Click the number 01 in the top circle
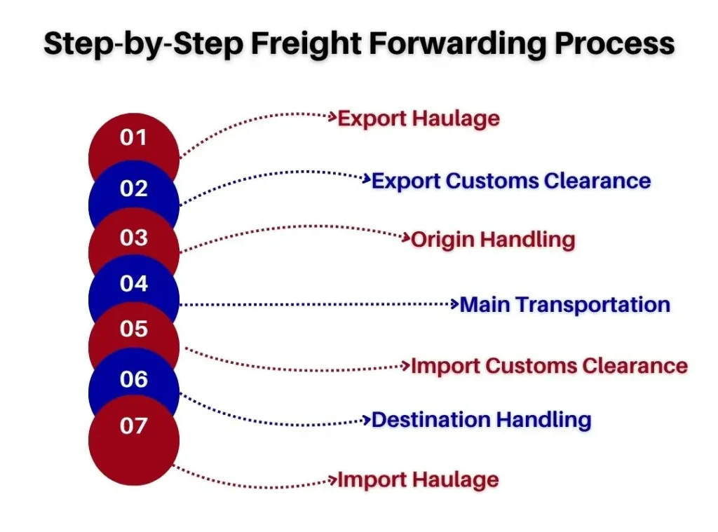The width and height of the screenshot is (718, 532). point(133,137)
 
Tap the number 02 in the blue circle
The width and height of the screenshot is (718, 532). point(134,188)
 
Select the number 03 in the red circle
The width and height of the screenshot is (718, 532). point(134,238)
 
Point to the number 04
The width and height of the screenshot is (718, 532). point(134,283)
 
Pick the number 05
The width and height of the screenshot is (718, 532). point(134,329)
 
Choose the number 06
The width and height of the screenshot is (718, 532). point(134,379)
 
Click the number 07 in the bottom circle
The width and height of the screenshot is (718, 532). point(133,425)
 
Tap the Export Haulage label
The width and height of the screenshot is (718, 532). point(419,118)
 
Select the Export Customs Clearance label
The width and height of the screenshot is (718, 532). point(511,180)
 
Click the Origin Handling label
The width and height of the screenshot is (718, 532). point(493,240)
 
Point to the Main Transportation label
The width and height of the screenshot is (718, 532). point(564,304)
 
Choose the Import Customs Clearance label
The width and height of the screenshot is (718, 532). point(550,366)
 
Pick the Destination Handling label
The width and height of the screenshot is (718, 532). point(481,421)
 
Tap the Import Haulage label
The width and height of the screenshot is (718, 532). point(418,480)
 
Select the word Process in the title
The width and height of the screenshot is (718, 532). point(614,44)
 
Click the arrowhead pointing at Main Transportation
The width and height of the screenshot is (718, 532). point(454,303)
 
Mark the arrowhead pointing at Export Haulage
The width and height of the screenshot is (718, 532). point(332,117)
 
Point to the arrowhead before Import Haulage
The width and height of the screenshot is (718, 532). point(332,480)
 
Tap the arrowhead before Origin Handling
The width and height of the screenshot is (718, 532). point(406,237)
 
